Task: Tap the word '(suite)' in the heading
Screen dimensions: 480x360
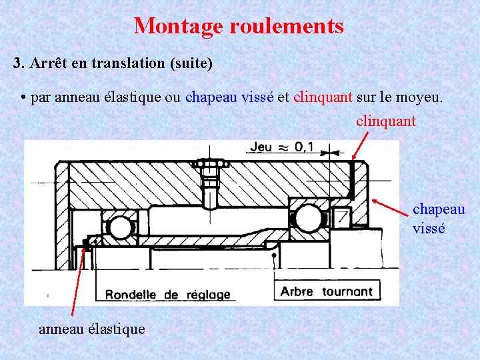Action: coord(191,63)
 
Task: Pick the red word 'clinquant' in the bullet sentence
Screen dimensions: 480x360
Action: coord(323,98)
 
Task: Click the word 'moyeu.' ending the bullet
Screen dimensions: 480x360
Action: coord(420,98)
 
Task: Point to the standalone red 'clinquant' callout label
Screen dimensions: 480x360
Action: coord(386,121)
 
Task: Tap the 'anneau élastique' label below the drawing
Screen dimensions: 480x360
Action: coord(91,329)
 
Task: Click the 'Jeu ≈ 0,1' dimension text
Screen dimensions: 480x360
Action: coord(282,147)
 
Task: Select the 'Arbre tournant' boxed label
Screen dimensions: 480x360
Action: coord(327,291)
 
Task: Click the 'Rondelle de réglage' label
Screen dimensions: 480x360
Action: coord(167,294)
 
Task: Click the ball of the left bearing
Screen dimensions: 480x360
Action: coord(121,227)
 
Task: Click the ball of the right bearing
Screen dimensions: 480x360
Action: coord(309,218)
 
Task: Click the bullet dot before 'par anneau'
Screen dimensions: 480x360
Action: coord(23,99)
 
